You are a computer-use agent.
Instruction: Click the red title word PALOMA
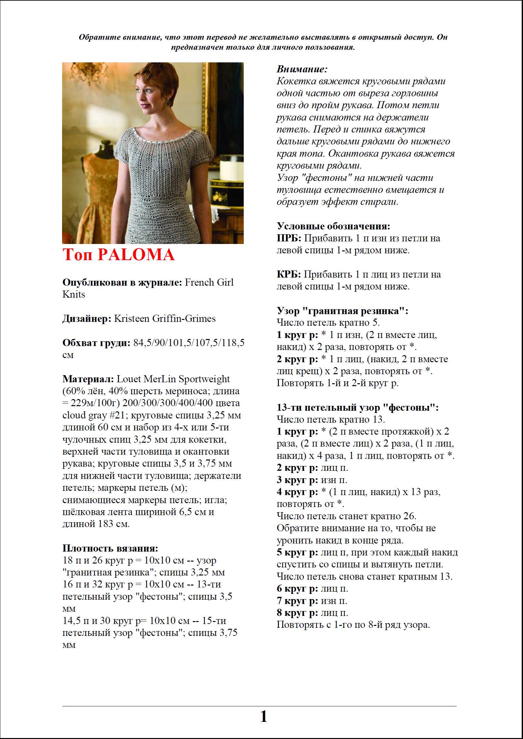[136, 255]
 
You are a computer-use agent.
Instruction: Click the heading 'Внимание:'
[302, 69]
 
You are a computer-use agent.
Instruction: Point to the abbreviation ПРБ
[288, 238]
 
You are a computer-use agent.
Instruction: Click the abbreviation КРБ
[288, 275]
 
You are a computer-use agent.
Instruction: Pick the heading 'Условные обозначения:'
[333, 226]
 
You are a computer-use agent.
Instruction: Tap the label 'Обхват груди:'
[96, 343]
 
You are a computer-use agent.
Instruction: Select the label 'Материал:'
[88, 379]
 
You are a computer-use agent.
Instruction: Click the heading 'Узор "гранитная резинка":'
[342, 311]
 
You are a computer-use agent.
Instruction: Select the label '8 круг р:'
[297, 613]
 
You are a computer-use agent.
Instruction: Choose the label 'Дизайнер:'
[87, 319]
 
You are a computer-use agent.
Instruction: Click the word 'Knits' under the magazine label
[74, 294]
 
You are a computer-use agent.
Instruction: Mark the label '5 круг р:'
[297, 553]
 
